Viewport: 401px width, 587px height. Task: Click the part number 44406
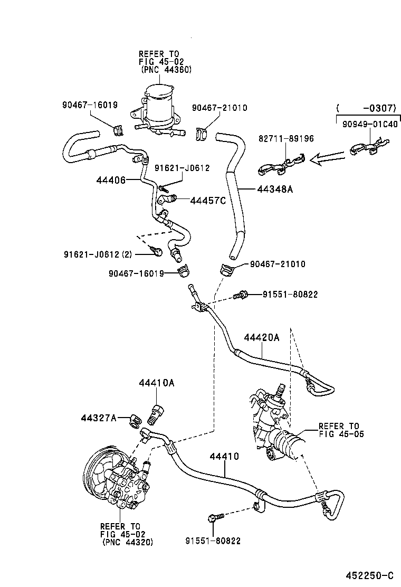[111, 180]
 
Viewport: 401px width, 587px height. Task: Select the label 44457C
[207, 200]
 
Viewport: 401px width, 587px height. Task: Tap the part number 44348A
[274, 190]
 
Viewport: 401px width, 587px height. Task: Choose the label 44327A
[98, 418]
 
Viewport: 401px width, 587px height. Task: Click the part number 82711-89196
[286, 139]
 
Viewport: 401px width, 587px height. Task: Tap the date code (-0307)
[366, 108]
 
